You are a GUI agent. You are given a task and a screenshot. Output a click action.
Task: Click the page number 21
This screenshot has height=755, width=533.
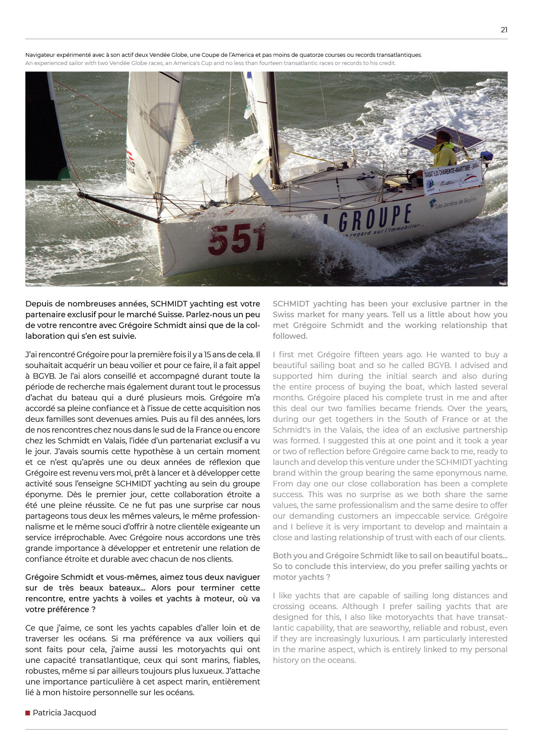pos(504,30)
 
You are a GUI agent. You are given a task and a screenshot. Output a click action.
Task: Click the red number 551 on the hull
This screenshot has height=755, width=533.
pos(236,239)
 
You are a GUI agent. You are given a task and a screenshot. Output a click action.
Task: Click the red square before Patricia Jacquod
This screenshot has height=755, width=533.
pos(28,713)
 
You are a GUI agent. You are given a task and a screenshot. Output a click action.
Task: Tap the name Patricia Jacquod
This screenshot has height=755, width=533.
pos(64,713)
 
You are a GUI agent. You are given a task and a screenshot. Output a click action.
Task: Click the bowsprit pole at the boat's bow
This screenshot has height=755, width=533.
pos(118,207)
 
